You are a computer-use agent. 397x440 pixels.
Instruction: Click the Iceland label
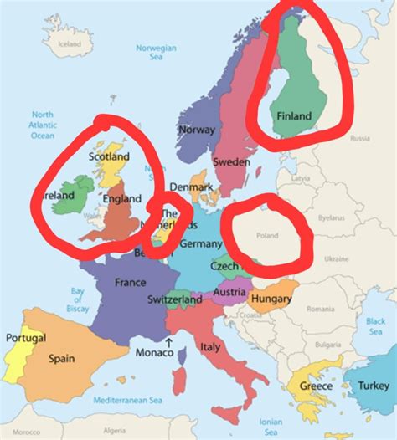coord(70,43)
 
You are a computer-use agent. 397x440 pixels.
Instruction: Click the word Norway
coord(198,130)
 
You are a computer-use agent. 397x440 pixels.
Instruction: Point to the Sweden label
coord(232,161)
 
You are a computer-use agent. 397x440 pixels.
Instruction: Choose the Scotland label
coord(109,156)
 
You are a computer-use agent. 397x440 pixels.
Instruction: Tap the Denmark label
coord(191,187)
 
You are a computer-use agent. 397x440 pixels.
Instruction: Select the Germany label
coord(201,243)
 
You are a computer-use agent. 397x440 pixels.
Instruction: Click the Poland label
coord(267,237)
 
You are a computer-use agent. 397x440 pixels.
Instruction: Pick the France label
coord(130,282)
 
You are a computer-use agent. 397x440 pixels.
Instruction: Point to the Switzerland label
coord(174,299)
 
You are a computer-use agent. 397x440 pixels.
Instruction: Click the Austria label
coord(229,293)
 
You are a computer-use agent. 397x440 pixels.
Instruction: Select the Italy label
coord(209,345)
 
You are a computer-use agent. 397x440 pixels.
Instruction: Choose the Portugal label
coord(26,338)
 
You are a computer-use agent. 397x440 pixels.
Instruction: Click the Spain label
coord(61,359)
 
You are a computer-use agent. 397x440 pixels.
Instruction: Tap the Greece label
coord(316,386)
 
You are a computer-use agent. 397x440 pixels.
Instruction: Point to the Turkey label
coord(373,386)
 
